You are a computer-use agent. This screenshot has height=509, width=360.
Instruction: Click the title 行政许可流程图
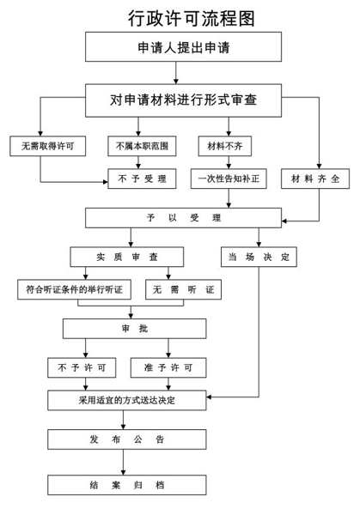(x=192, y=18)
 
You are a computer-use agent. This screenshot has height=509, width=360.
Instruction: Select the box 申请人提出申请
(x=183, y=46)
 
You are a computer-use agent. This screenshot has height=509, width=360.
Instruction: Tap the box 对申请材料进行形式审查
(x=183, y=100)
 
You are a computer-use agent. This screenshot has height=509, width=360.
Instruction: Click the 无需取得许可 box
(x=48, y=146)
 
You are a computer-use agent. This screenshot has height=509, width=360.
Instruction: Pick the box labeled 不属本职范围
(x=142, y=146)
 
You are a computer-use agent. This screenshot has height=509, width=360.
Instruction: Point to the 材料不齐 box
(x=225, y=146)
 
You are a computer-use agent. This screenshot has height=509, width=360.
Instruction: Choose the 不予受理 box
(x=142, y=179)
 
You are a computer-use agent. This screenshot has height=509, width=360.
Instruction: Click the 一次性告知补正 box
(x=229, y=179)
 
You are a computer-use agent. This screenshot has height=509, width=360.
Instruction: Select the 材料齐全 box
(x=315, y=179)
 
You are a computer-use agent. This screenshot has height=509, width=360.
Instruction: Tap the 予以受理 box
(x=183, y=218)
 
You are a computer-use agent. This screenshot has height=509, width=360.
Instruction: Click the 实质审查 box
(x=127, y=257)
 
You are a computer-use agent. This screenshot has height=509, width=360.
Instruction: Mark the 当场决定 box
(x=259, y=257)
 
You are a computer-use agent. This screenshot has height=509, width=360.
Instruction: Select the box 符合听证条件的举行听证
(x=75, y=289)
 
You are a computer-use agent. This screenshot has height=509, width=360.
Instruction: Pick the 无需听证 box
(x=183, y=289)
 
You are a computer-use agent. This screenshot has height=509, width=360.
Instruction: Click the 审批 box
(x=135, y=329)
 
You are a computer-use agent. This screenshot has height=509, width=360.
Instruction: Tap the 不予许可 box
(x=82, y=367)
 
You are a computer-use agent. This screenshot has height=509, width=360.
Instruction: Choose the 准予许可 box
(x=168, y=367)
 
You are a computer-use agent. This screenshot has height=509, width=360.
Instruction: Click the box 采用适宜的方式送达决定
(x=127, y=400)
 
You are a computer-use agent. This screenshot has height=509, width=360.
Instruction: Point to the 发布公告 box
(x=127, y=439)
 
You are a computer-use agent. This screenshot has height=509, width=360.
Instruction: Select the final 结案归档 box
(x=127, y=485)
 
